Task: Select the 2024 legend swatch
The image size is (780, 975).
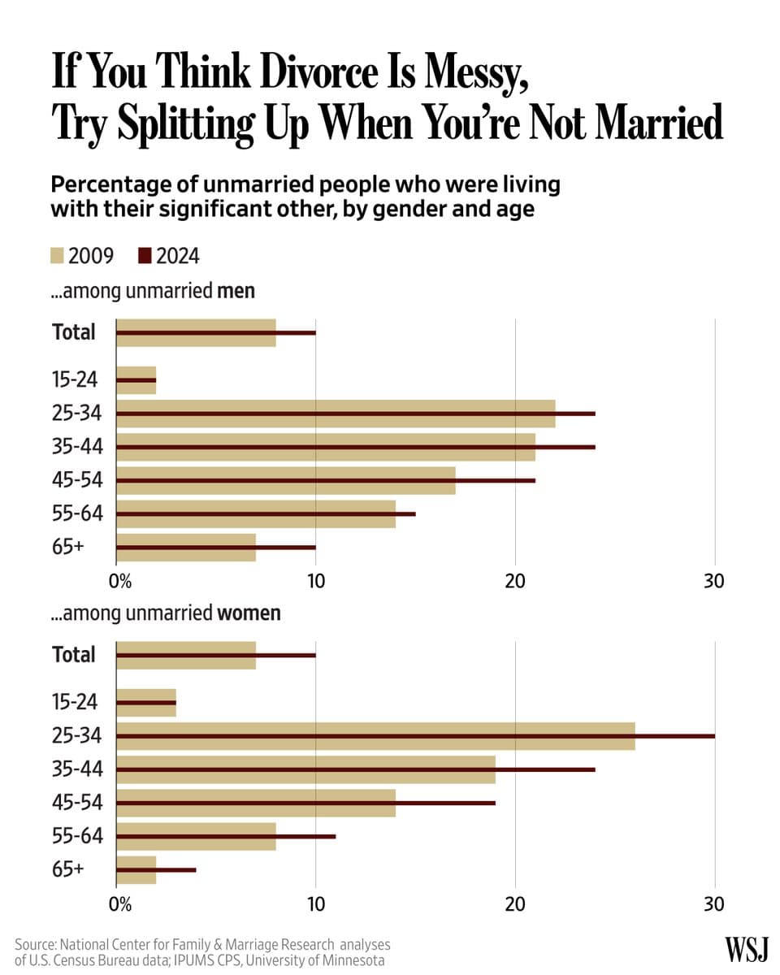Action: (145, 256)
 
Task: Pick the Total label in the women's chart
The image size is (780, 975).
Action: (73, 655)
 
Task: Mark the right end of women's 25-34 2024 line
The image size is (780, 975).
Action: (713, 736)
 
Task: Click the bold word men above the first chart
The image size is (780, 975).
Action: (236, 290)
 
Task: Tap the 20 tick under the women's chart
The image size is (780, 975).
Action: (515, 904)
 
